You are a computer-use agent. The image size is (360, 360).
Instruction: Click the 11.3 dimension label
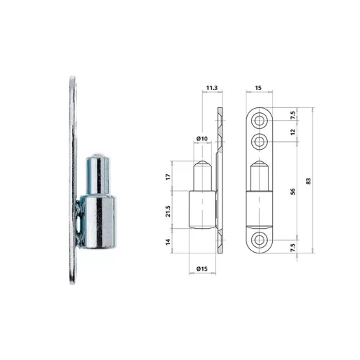coord(212,88)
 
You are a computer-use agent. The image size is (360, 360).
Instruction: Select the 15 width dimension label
coord(258,88)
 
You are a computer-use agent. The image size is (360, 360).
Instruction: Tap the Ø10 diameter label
coord(202,138)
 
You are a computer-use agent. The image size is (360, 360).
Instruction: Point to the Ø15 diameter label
coord(202,269)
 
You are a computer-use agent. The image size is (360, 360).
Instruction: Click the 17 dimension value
coord(168,177)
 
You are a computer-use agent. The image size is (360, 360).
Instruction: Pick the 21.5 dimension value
coord(168,211)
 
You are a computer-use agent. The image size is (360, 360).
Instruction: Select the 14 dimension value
coord(168,242)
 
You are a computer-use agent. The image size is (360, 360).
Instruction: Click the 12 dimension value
coord(292,132)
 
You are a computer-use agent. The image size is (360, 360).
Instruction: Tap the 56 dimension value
coord(292,192)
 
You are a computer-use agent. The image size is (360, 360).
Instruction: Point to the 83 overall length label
coord(308,181)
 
